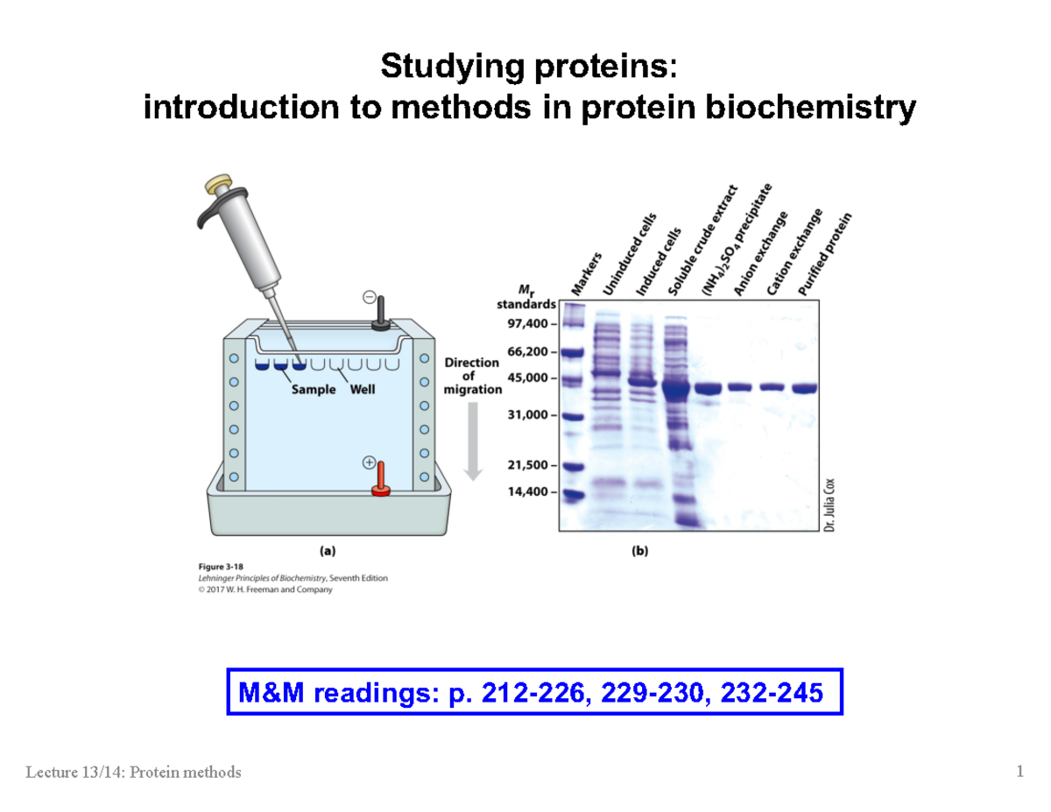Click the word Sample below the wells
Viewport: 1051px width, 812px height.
pos(313,390)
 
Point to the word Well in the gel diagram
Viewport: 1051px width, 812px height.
pos(363,390)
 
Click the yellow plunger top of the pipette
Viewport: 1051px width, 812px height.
pos(218,187)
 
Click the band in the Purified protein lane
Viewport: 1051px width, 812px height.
pos(805,388)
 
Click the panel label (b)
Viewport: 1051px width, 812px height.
pos(639,552)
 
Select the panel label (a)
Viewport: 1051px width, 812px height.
pos(326,552)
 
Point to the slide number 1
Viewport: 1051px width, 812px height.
pos(1019,772)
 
